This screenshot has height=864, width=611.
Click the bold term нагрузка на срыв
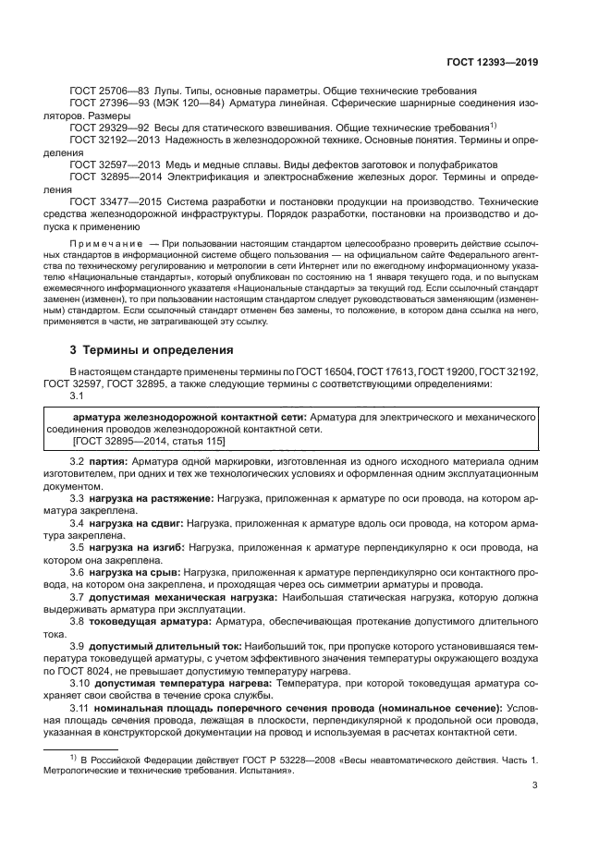pyautogui.click(x=136, y=572)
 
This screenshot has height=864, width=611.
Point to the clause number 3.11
pyautogui.click(x=80, y=707)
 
